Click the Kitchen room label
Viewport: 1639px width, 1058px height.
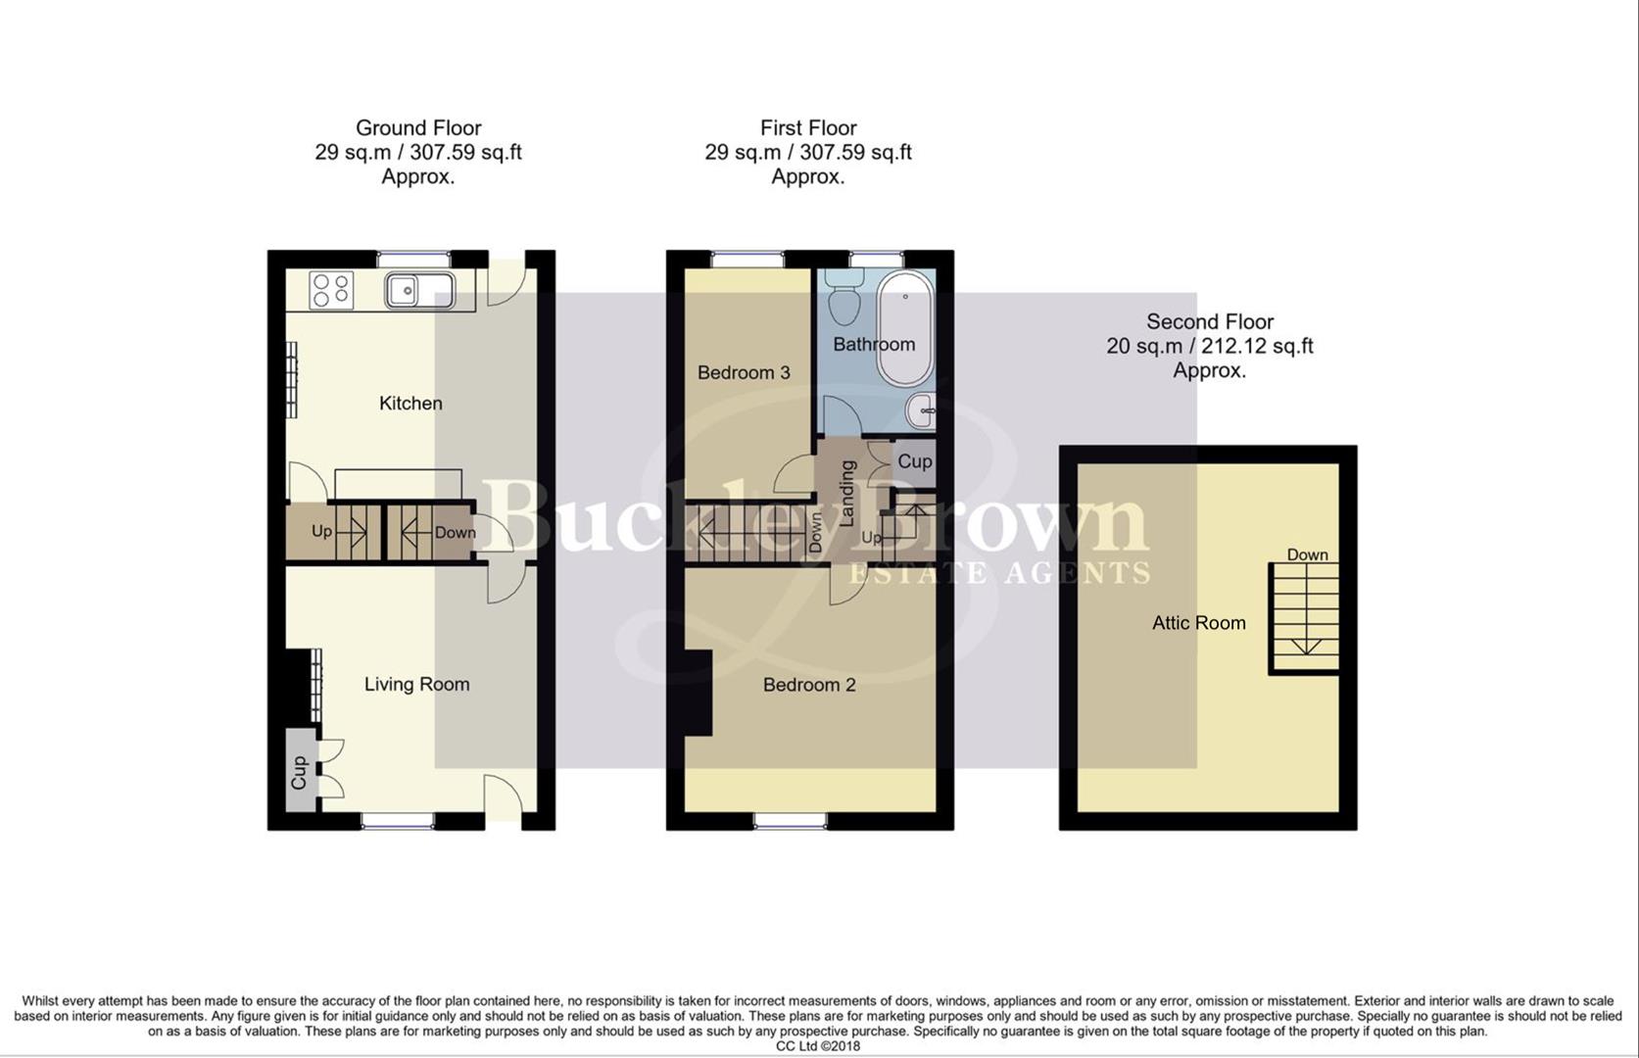tap(410, 404)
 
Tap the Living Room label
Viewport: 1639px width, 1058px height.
tap(416, 685)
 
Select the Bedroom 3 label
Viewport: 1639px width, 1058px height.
tap(744, 373)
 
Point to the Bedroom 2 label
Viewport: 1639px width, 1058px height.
tap(809, 685)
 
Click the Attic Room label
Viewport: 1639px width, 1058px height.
tap(1198, 623)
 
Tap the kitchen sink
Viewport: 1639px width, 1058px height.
tap(419, 291)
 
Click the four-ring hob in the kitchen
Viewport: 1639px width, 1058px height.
tap(331, 291)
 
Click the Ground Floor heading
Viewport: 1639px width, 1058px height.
tap(418, 128)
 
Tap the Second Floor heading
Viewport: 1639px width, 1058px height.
tap(1210, 322)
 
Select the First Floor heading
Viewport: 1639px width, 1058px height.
tap(808, 128)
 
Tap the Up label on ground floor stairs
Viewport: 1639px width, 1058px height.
tap(321, 532)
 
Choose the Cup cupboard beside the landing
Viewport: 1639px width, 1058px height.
tap(915, 461)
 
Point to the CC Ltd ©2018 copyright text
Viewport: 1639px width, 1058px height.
tap(818, 1046)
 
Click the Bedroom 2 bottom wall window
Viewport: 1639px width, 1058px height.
tap(791, 821)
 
